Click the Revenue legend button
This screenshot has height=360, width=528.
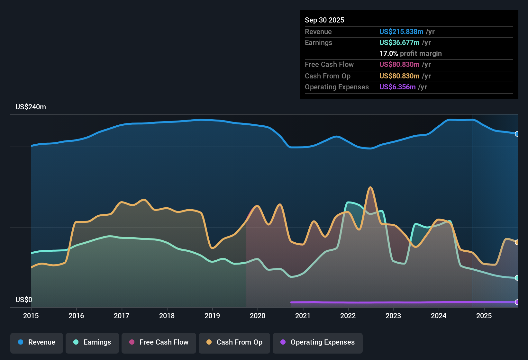click(37, 342)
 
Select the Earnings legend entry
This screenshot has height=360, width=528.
click(92, 342)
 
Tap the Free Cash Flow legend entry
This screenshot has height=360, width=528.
click(159, 342)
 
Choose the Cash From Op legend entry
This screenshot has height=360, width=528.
click(234, 342)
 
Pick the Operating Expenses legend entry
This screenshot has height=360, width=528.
click(318, 342)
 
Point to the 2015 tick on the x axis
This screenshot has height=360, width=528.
click(31, 316)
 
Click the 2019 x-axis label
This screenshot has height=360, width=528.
click(212, 316)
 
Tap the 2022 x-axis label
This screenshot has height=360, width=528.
click(348, 316)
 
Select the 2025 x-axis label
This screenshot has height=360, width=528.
click(484, 316)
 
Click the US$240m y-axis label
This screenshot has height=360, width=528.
click(31, 107)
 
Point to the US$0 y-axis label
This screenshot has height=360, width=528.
click(24, 300)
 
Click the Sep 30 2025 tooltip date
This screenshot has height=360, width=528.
click(324, 20)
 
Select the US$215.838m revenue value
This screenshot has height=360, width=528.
click(401, 32)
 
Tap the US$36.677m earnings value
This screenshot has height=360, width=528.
click(399, 43)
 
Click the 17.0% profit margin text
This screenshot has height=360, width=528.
click(410, 54)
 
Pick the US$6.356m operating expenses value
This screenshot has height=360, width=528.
click(397, 87)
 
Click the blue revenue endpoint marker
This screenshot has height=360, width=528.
click(517, 134)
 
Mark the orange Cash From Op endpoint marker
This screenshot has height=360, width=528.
click(517, 242)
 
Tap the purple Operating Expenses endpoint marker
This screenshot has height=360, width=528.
click(517, 302)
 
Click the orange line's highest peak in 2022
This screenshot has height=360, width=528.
click(370, 187)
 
